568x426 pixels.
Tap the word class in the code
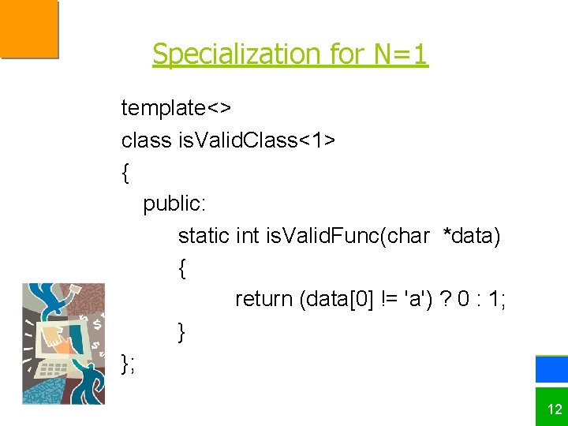(146, 140)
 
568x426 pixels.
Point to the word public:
(174, 204)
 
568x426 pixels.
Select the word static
(204, 235)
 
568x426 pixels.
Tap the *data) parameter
(472, 235)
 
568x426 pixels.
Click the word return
(263, 299)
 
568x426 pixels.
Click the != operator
(390, 299)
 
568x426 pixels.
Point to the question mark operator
(447, 299)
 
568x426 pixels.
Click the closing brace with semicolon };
(129, 363)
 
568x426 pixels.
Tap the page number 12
(555, 409)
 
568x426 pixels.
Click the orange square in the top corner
(28, 28)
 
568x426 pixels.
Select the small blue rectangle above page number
(551, 369)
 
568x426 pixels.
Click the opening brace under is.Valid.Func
(182, 268)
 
